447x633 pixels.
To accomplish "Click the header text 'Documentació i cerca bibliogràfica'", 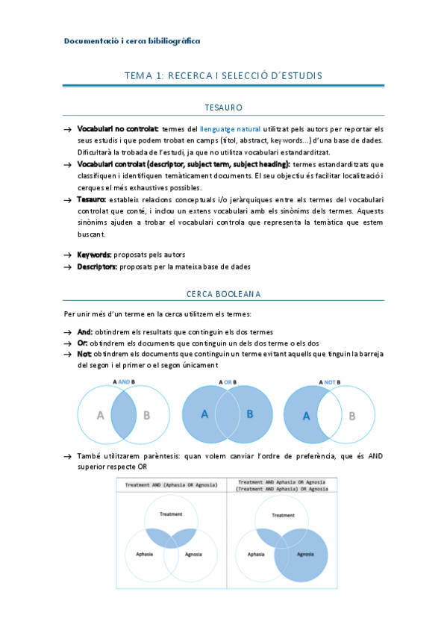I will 132,41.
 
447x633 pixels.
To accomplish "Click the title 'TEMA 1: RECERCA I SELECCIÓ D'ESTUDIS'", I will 223,76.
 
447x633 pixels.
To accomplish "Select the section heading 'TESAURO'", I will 223,108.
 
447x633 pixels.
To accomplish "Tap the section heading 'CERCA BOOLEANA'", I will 223,294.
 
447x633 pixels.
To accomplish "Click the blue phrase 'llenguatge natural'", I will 231,129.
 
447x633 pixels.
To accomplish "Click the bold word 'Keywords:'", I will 94,255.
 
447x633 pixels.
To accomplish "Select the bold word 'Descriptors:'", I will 97,266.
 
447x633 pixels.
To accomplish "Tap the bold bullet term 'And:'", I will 85,331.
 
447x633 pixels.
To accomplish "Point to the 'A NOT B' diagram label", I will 329,381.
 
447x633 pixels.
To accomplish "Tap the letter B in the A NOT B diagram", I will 351,416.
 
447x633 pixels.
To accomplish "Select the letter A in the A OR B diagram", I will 204,414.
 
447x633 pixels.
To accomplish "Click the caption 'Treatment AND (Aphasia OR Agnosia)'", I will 172,484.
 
